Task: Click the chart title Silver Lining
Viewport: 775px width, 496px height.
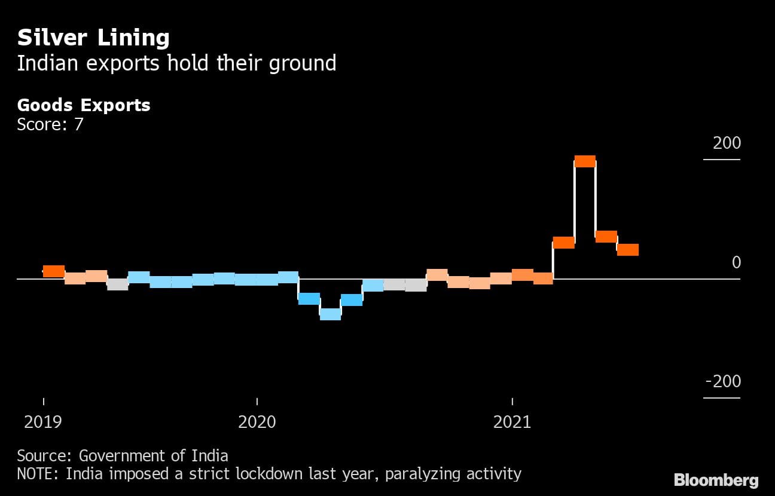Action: [x=93, y=38]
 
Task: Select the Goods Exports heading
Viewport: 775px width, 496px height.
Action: [x=84, y=105]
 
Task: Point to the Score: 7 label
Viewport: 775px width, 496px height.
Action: [x=50, y=124]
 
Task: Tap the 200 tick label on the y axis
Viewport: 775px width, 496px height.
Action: [x=727, y=143]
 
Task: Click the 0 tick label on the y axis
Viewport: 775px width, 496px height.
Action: [x=736, y=262]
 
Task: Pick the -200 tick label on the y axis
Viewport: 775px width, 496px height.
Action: [x=722, y=381]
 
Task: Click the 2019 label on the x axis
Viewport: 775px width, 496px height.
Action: [x=42, y=422]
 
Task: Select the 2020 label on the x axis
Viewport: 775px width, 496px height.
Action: [x=257, y=422]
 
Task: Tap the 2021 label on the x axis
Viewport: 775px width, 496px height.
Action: [x=512, y=422]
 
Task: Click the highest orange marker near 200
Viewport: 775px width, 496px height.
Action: [x=585, y=161]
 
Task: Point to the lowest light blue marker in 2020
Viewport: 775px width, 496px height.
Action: [x=330, y=314]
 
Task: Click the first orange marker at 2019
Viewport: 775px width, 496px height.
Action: [x=54, y=271]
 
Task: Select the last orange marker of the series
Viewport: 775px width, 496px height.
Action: [x=628, y=250]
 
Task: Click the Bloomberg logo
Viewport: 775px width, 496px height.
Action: [x=716, y=480]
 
